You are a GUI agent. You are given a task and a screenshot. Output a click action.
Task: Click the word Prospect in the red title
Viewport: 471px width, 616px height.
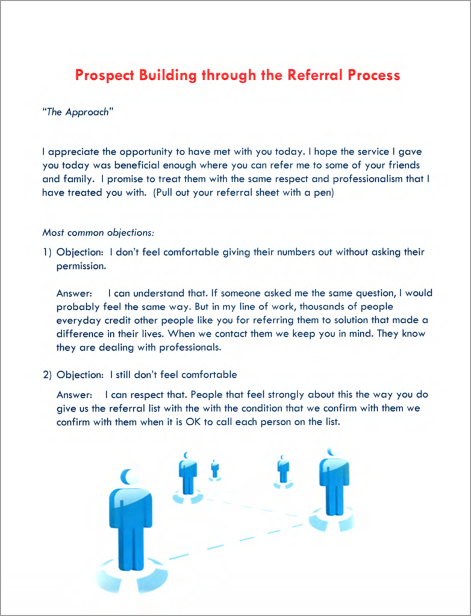(x=105, y=75)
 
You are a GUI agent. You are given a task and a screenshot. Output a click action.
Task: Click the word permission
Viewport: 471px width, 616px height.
(x=81, y=265)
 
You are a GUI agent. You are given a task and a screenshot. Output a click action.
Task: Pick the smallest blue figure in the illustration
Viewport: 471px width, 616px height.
(x=214, y=469)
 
